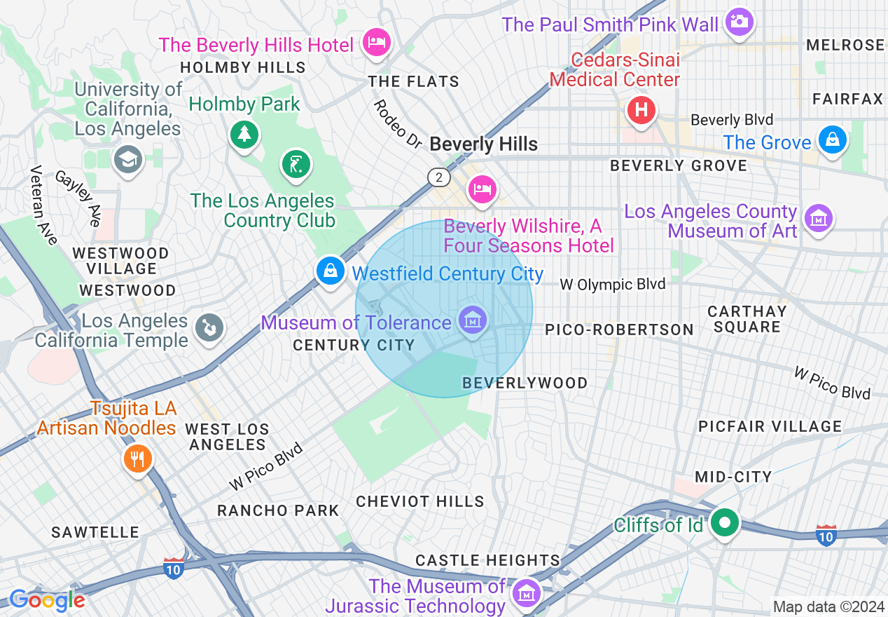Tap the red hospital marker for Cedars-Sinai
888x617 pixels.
pos(640,110)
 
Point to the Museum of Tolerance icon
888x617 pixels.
pos(473,320)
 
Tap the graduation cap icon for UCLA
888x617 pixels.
pos(128,160)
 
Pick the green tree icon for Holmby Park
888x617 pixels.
pos(244,133)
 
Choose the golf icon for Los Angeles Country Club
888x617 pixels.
pos(296,164)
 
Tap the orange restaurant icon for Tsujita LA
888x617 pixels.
pos(138,459)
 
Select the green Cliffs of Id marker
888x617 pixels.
pos(725,523)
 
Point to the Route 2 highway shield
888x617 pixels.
pos(439,177)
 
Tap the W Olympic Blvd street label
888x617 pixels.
pos(613,285)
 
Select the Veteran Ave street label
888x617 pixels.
pos(43,205)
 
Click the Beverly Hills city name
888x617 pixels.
pos(483,144)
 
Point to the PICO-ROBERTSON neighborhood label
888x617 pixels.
pos(619,330)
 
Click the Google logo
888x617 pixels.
pos(47,600)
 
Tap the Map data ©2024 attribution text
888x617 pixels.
pos(827,606)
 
